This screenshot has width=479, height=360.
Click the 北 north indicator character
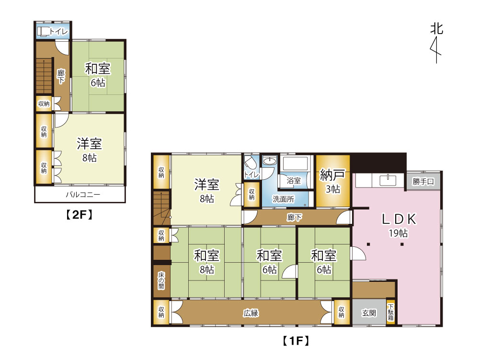[436, 29]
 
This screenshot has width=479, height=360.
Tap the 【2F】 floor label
[80, 215]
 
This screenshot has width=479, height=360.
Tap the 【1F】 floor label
[296, 340]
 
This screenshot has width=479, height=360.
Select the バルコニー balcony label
[83, 194]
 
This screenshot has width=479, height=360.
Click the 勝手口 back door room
[423, 182]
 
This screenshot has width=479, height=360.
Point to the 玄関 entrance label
[369, 313]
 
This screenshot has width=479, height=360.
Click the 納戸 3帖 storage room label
[332, 182]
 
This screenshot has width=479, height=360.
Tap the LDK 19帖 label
[399, 225]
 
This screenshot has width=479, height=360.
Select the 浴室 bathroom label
[294, 181]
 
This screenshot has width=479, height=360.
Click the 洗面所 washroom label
[284, 199]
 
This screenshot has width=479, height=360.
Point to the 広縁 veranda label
[251, 313]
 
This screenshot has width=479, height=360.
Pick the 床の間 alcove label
[161, 281]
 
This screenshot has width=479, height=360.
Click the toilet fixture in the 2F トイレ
[44, 32]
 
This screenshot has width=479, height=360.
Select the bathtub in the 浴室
[295, 163]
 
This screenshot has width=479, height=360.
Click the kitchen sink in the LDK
[388, 180]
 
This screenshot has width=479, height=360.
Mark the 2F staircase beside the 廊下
[44, 76]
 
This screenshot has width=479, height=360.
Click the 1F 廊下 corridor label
[295, 217]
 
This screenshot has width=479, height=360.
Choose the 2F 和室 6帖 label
[98, 75]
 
